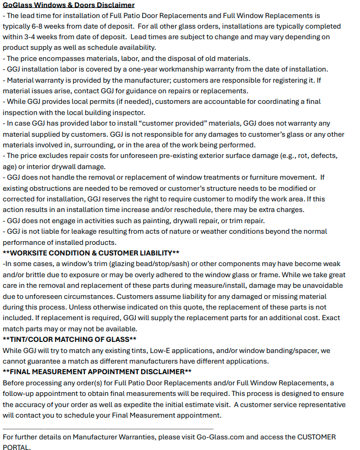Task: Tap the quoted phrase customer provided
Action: click(177, 123)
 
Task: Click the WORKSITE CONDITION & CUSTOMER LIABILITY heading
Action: click(91, 253)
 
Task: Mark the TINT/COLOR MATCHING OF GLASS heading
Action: click(69, 339)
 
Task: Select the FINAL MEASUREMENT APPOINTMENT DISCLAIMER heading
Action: click(97, 372)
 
